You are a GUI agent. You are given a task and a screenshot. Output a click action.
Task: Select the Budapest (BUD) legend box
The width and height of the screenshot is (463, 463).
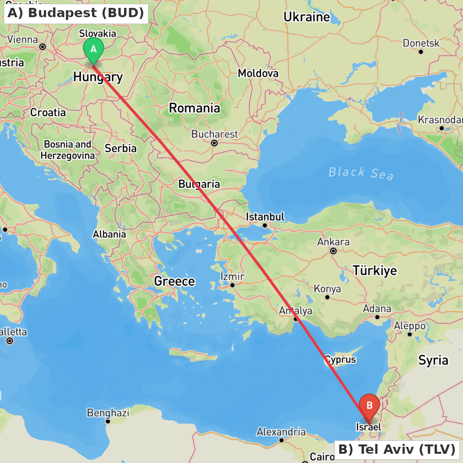(76, 13)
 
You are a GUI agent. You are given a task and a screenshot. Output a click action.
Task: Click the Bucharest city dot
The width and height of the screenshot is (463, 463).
(214, 143)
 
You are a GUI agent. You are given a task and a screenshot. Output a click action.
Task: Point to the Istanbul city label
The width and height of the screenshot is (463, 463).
(265, 217)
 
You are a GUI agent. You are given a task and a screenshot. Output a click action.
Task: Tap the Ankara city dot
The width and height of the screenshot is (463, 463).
(333, 251)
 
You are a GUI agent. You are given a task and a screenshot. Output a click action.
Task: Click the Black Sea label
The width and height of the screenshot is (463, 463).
(361, 173)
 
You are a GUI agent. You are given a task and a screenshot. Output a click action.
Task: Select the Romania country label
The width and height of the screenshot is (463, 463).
(194, 108)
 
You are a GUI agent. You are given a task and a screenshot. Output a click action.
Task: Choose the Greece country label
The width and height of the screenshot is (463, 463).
(175, 282)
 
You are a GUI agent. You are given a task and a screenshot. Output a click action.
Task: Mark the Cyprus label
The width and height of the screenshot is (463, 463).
(340, 360)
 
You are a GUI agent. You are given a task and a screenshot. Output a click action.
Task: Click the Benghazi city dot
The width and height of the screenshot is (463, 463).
(108, 421)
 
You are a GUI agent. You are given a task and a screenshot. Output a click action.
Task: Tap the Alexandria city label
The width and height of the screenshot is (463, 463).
(281, 432)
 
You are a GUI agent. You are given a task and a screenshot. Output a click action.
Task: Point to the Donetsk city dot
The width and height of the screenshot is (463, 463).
(421, 51)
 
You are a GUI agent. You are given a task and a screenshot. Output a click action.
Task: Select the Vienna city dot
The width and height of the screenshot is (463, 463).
(43, 47)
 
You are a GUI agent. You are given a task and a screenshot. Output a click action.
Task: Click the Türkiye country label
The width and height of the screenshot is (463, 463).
(375, 270)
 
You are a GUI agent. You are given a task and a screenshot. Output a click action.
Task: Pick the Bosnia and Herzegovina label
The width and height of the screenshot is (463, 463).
(68, 150)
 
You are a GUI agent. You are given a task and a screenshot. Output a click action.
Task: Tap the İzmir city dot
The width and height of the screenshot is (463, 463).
(232, 285)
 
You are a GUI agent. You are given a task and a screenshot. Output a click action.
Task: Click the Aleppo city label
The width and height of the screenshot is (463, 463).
(410, 326)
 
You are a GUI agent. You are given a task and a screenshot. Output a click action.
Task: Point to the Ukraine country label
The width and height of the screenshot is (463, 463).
(307, 17)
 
